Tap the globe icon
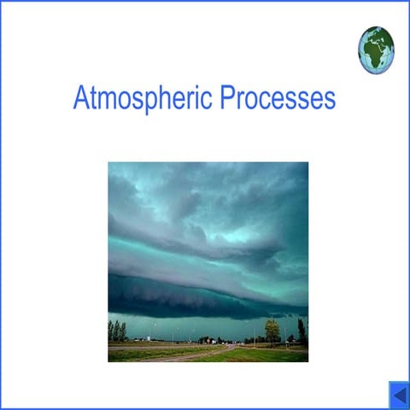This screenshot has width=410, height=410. (x=376, y=50)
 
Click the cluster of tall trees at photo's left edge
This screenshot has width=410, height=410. (x=117, y=331)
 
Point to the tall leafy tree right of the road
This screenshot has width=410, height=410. (x=272, y=330)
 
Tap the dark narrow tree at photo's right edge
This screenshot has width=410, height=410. (x=302, y=331)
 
